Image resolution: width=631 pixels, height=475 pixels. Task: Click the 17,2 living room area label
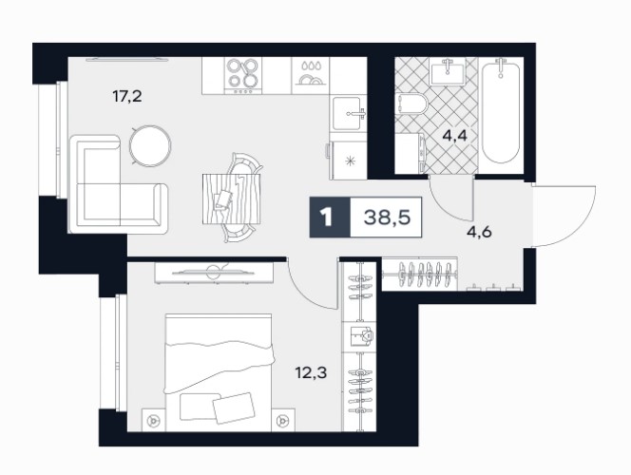pyautogui.click(x=127, y=97)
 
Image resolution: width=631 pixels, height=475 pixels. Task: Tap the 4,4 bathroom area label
pyautogui.click(x=455, y=136)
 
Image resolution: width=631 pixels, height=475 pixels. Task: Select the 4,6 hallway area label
pyautogui.click(x=480, y=232)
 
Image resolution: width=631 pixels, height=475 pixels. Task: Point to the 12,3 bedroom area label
pyautogui.click(x=311, y=372)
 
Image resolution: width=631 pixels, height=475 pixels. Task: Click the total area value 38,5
pyautogui.click(x=387, y=218)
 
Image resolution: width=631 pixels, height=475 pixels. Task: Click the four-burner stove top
pyautogui.click(x=242, y=76)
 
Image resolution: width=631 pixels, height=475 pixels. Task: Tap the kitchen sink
pyautogui.click(x=349, y=113)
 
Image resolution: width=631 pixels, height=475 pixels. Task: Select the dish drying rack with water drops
pyautogui.click(x=310, y=76)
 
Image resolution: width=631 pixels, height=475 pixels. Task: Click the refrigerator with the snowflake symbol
pyautogui.click(x=349, y=161)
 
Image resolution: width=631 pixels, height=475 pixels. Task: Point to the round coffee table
pyautogui.click(x=150, y=145)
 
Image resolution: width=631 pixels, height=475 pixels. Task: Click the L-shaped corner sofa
pyautogui.click(x=118, y=184)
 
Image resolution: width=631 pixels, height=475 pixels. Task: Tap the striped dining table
pyautogui.click(x=231, y=199)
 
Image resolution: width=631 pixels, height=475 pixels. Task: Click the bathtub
pyautogui.click(x=501, y=111)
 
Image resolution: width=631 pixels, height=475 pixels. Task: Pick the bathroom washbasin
pyautogui.click(x=448, y=72)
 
